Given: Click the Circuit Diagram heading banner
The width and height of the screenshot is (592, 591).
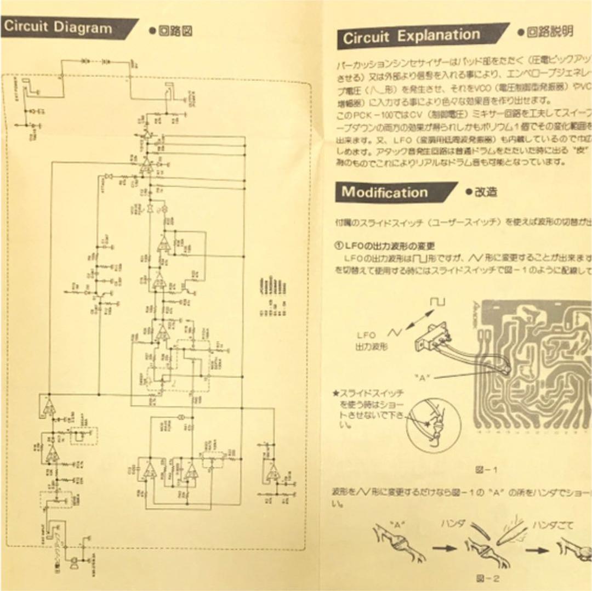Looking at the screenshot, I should coord(60,28).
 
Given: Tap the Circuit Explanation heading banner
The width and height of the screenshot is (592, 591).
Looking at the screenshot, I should coord(411,37).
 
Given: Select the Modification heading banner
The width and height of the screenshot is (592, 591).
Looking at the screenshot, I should coord(386,192).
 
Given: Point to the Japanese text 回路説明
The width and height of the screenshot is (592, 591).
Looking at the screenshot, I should coord(550,32).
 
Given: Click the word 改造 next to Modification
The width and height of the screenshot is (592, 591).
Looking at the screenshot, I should coord(486,192).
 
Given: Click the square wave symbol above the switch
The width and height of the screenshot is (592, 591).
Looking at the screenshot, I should coord(438,302).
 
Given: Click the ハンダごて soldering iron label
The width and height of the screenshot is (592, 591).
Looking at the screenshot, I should coord(554,525).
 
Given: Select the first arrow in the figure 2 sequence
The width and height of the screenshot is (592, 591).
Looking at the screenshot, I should coord(444,547).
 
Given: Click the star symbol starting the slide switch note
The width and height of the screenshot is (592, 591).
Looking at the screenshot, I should coord(336,393).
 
